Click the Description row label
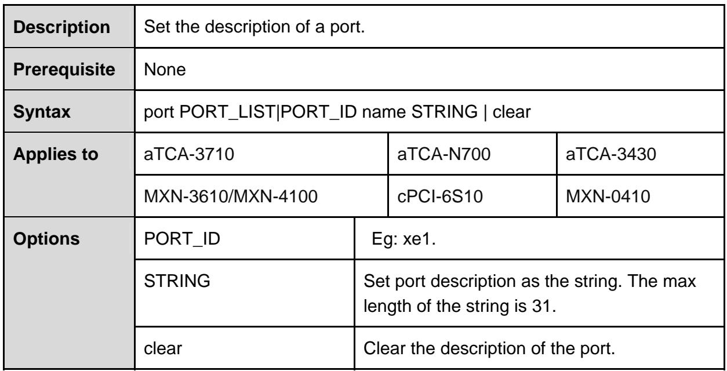pos(61,27)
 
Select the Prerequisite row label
pos(64,70)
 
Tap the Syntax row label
pos(42,112)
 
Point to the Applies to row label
pos(56,154)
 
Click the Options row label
pos(46,239)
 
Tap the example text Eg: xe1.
pos(404,239)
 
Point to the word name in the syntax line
pos(384,112)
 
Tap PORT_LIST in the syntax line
pos(227,112)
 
